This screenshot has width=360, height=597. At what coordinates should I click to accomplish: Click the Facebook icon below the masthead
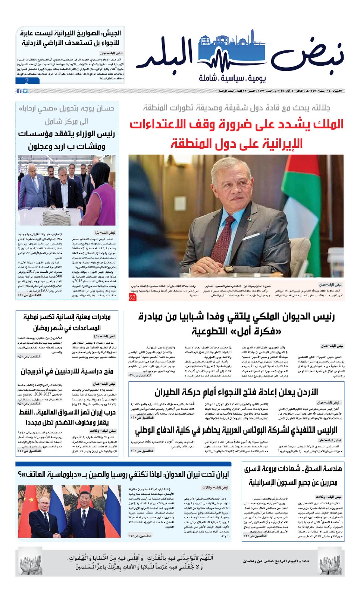point(19,91)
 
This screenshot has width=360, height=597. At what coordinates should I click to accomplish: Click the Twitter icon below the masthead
point(25,91)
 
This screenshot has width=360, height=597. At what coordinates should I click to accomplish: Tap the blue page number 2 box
point(27,81)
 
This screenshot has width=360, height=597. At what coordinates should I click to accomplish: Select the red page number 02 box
point(132,297)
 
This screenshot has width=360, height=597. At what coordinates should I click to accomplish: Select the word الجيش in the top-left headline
point(112,33)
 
